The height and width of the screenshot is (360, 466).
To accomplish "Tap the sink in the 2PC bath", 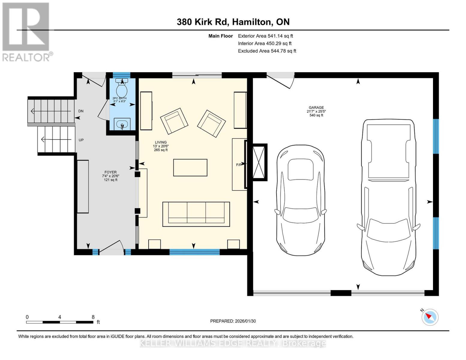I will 122,124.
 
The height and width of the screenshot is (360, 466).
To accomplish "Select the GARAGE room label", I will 316,108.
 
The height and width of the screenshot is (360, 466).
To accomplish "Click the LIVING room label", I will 161,142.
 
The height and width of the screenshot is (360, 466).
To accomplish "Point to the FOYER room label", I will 110,172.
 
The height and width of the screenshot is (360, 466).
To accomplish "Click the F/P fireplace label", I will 239,165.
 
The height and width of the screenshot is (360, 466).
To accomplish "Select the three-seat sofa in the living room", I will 196,214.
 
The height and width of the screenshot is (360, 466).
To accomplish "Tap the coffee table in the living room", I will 190,167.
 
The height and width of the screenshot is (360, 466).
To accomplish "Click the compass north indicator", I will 430,317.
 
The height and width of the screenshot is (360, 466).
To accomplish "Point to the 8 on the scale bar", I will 93,317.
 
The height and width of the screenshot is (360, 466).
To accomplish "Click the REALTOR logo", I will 26,31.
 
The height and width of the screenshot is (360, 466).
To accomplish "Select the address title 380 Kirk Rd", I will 233,22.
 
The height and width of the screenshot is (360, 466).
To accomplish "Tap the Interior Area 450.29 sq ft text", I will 265,43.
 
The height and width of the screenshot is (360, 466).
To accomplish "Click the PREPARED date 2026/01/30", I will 233,321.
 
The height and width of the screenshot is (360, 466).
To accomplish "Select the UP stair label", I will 81,140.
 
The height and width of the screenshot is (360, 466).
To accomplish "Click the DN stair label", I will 81,111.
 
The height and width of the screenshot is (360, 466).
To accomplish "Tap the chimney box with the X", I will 259,162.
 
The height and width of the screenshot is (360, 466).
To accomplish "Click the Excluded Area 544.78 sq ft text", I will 267,51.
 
